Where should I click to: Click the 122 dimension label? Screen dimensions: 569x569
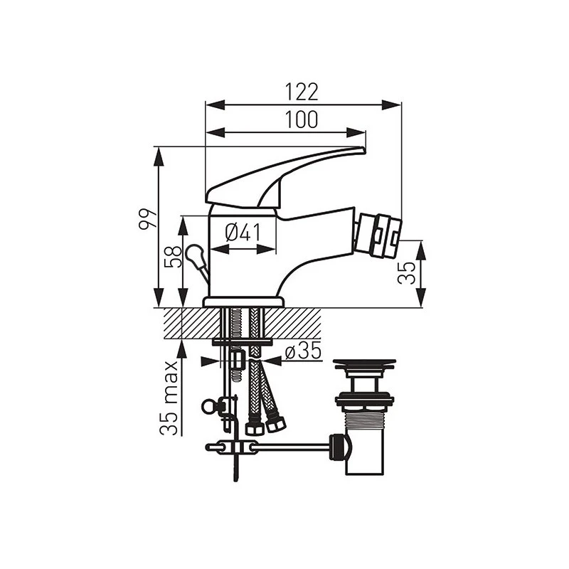pyautogui.click(x=301, y=92)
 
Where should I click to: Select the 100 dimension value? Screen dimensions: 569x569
pyautogui.click(x=301, y=119)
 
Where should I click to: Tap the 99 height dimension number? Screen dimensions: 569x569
pyautogui.click(x=148, y=219)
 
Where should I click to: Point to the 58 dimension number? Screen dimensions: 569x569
pyautogui.click(x=173, y=257)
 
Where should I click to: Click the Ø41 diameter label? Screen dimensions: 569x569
pyautogui.click(x=243, y=233)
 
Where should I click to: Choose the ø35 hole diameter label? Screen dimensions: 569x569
pyautogui.click(x=303, y=351)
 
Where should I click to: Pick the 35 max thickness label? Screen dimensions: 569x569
pyautogui.click(x=169, y=398)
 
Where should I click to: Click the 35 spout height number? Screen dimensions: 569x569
pyautogui.click(x=406, y=272)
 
